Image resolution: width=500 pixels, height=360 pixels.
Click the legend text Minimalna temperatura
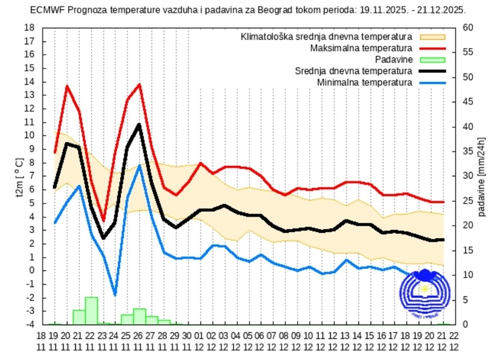(x=365, y=82)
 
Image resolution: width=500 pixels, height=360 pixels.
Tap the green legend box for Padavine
(x=432, y=59)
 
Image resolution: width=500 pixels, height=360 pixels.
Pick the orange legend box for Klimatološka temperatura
(x=432, y=36)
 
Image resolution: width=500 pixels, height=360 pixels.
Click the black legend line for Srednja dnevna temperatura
(x=432, y=71)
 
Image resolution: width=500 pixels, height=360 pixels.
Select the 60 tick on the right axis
(x=468, y=28)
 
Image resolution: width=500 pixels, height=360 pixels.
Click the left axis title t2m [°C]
(x=18, y=176)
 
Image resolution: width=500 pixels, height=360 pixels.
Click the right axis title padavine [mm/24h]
(x=482, y=176)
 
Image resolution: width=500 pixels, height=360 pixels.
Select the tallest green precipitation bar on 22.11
(x=91, y=311)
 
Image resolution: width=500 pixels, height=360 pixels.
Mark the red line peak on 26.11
(x=139, y=84)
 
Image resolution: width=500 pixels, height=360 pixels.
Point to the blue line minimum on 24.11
(x=115, y=295)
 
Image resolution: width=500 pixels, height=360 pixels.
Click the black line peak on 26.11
(x=139, y=125)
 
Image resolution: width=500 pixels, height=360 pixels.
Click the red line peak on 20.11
(x=67, y=86)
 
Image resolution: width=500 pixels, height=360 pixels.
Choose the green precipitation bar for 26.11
(x=139, y=316)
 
